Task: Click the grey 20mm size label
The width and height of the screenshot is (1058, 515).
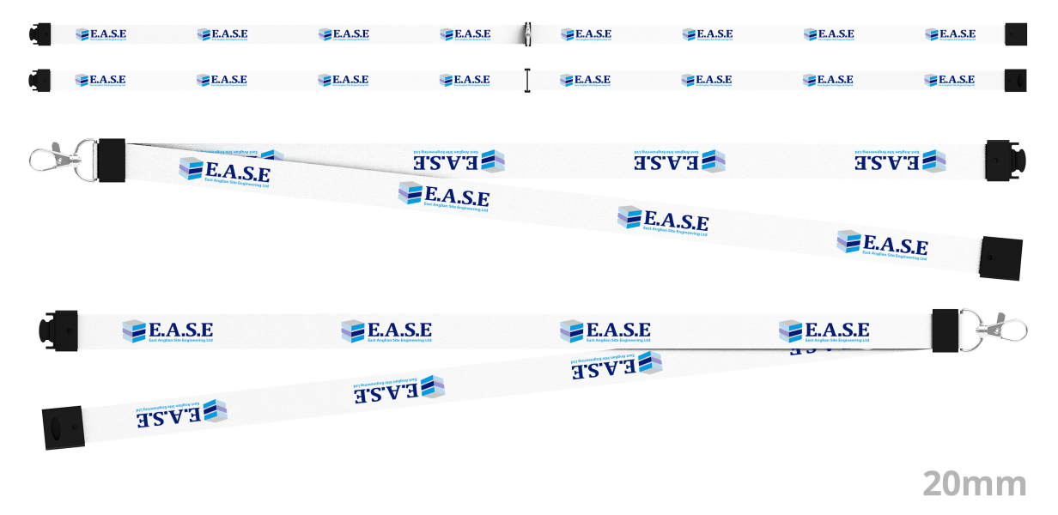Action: (975, 483)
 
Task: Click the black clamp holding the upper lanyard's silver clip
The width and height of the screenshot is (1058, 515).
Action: (112, 161)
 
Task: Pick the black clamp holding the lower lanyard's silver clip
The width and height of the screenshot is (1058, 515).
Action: (945, 330)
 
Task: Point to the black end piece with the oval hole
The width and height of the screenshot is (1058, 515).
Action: (63, 427)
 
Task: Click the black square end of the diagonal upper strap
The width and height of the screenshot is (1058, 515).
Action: (1000, 258)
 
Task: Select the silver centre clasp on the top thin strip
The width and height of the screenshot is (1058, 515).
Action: (526, 34)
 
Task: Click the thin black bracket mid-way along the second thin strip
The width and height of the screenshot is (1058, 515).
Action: (527, 80)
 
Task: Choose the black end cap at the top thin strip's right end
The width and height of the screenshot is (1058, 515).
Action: (1016, 34)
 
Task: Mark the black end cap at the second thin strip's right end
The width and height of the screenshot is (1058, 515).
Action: (1016, 80)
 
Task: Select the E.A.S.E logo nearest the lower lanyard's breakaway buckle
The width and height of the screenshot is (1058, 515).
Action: (168, 331)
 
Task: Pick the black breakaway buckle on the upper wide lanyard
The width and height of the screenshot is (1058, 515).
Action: (1001, 160)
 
